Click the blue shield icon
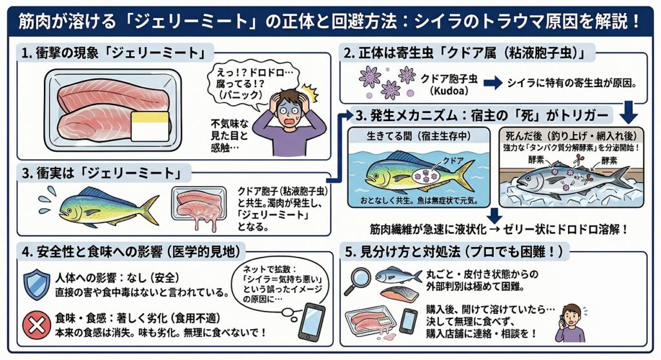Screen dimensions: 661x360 (x=36, y=285)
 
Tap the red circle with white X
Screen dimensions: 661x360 (x=36, y=325)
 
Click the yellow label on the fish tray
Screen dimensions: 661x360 (x=150, y=126)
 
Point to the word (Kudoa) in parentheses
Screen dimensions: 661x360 (x=449, y=90)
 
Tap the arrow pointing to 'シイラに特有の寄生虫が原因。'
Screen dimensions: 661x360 (x=493, y=83)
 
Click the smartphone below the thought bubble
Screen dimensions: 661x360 (x=312, y=321)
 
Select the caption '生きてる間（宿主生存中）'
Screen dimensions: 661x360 (x=418, y=135)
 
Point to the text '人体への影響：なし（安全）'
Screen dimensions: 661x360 (x=117, y=278)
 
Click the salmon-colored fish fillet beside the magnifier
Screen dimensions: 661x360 (x=399, y=294)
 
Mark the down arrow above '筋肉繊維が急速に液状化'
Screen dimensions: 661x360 (x=494, y=215)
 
